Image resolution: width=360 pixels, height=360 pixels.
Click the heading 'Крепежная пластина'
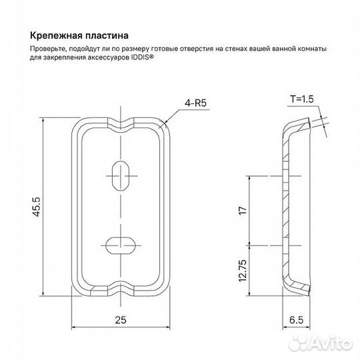[79, 34]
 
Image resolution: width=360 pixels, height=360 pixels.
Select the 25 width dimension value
[121, 319]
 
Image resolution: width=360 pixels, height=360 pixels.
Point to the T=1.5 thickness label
[301, 99]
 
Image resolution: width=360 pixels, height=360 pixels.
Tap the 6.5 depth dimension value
[296, 319]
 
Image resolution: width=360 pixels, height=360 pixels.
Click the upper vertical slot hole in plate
[121, 175]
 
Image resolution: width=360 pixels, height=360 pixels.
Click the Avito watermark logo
[326, 344]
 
